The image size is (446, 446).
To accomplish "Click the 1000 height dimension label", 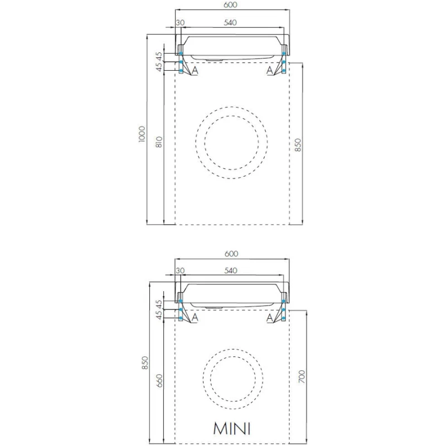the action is tap(142, 134).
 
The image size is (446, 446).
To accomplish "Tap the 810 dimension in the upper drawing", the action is tap(159, 142).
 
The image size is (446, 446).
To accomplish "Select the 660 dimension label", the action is tap(159, 381).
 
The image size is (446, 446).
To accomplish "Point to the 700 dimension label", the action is tap(302, 376).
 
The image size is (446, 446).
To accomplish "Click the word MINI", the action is tap(232, 428).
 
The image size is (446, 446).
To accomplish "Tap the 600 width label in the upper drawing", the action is tap(231, 5).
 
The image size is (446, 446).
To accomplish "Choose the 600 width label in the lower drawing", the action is tap(231, 254).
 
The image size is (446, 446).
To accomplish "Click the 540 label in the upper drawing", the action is tap(230, 22).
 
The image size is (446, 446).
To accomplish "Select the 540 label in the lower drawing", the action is tap(231, 270).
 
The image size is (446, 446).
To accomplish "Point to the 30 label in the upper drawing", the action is tap(180, 22).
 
